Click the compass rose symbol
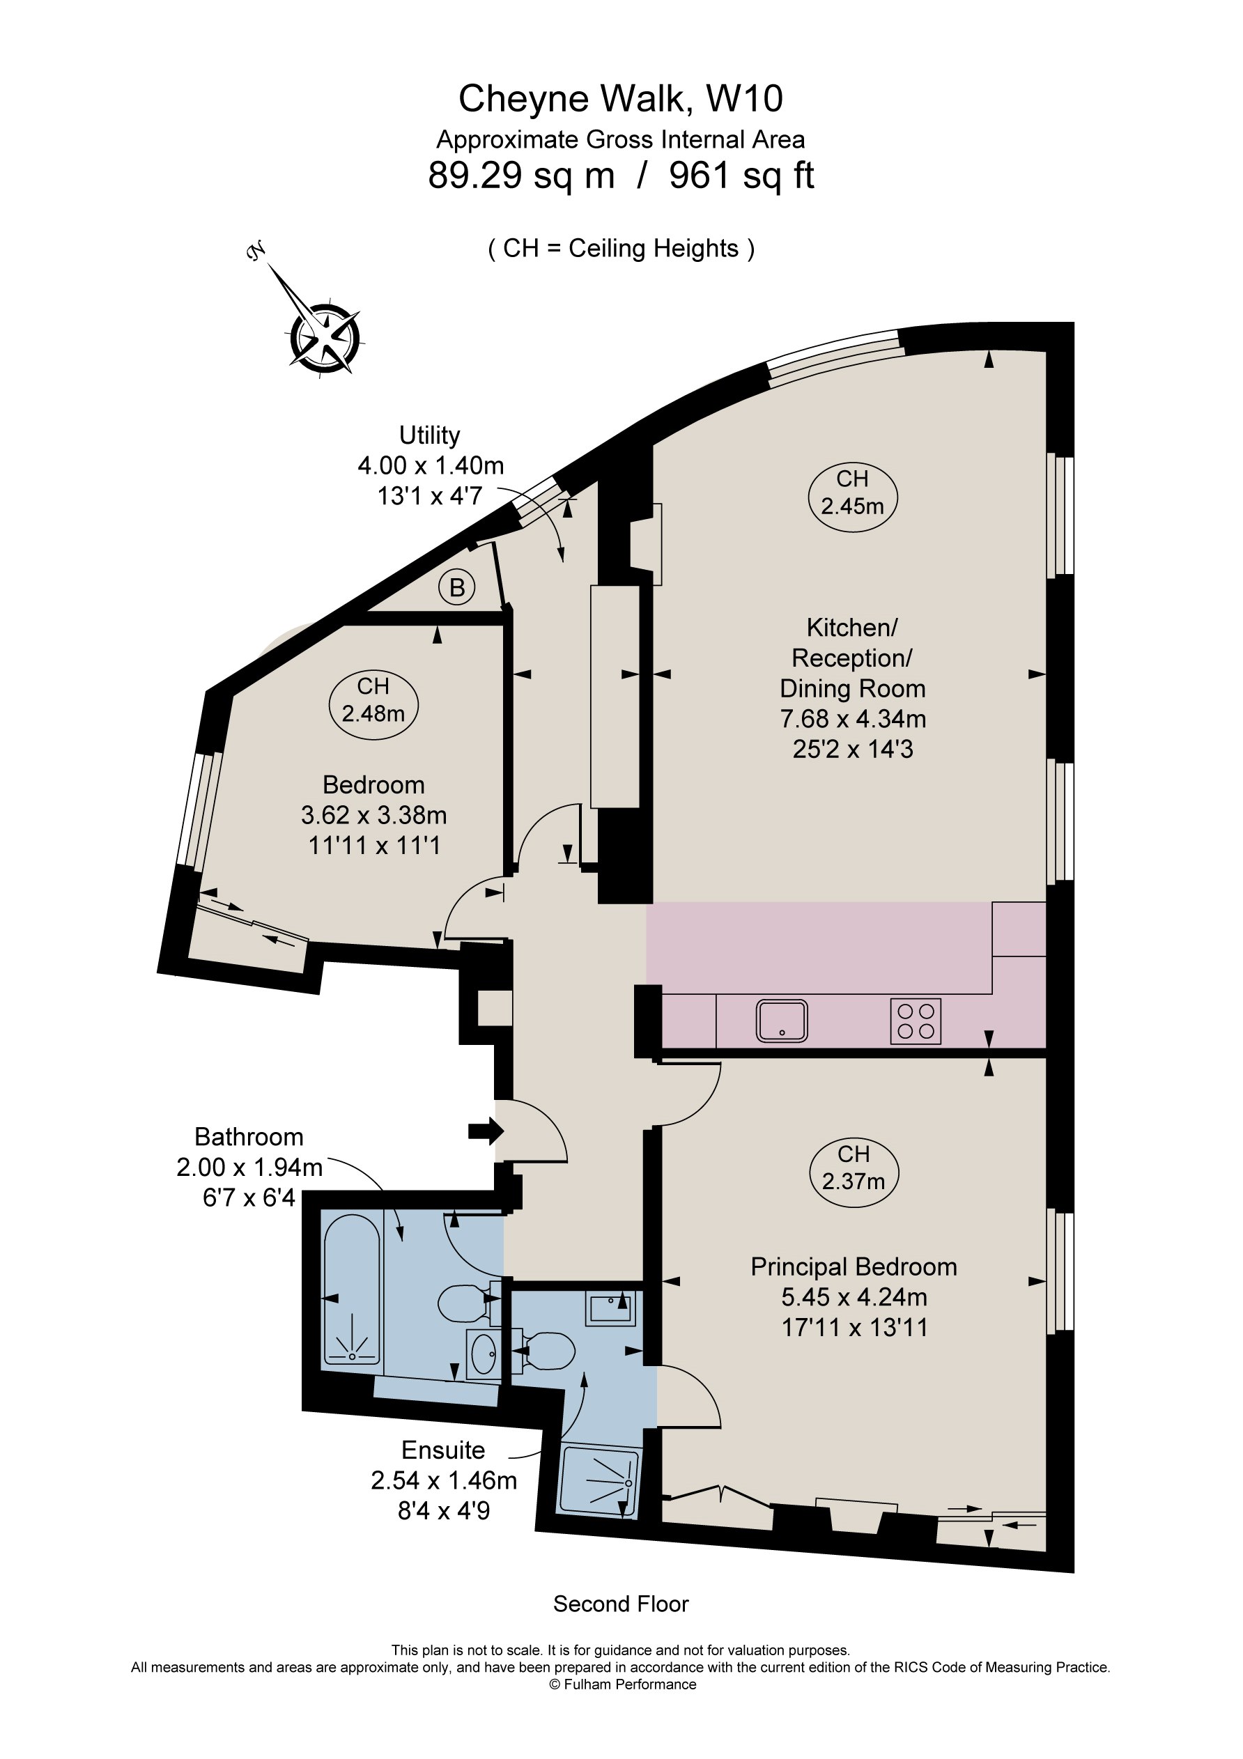pos(324,338)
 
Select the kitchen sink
pos(782,1021)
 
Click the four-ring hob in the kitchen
pos(915,1021)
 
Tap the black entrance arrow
pos(485,1130)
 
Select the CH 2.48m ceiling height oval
pos(373,700)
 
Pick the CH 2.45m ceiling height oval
pos(852,493)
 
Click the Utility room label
pos(429,435)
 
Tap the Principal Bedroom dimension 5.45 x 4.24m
pos(854,1297)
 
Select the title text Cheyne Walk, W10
pos(620,99)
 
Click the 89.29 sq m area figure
pos(521,176)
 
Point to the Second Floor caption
pos(621,1604)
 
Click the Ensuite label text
pos(443,1450)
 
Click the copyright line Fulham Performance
pos(622,1684)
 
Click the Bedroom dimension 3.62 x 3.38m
pos(373,815)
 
